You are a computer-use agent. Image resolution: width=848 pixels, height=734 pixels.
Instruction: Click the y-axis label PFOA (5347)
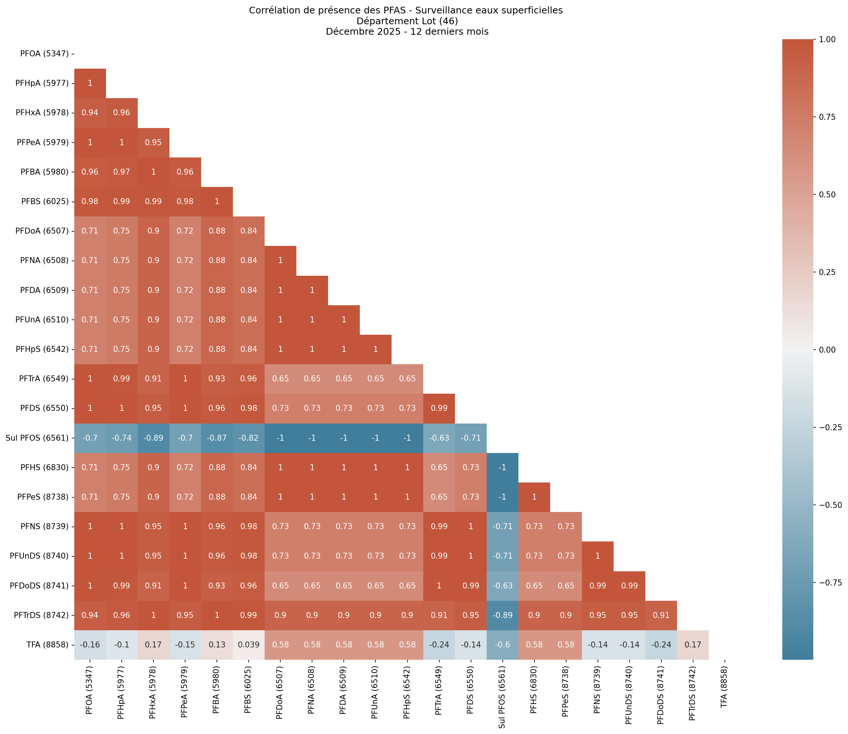[44, 54]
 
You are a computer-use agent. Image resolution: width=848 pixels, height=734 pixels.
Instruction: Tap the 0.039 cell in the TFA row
[249, 645]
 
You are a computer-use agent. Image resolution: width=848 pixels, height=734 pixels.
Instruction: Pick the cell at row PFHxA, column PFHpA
[122, 113]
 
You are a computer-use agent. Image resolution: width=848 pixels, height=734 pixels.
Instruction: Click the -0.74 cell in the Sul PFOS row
[122, 438]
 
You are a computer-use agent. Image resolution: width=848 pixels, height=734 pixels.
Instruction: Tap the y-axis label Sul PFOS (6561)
[37, 438]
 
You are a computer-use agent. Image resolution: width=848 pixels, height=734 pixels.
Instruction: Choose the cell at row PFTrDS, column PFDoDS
[661, 615]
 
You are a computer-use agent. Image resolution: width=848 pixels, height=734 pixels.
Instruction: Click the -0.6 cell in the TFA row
[502, 645]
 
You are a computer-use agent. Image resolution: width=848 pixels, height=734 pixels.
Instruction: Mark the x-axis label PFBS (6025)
[248, 696]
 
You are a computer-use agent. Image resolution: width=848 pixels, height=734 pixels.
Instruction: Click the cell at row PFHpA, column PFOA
[90, 83]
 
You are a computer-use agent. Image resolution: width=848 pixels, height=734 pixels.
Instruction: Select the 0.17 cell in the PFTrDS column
[692, 645]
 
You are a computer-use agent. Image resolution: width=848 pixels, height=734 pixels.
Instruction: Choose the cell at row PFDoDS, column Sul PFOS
[502, 586]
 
